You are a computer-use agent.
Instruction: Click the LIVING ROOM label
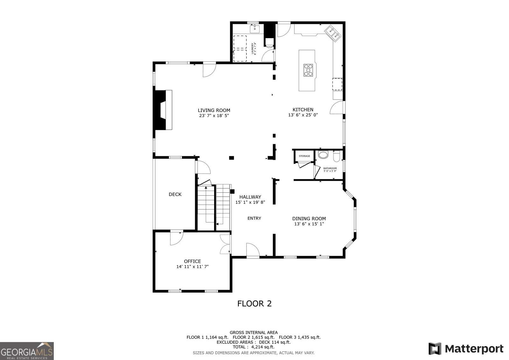point(214,110)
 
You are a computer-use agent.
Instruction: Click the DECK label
point(175,194)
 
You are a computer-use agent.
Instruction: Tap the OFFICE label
point(192,261)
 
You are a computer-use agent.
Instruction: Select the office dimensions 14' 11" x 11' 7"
point(192,267)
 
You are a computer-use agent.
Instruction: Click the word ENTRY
point(254,218)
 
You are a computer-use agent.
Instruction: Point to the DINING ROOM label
point(309,219)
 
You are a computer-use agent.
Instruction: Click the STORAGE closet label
point(304,156)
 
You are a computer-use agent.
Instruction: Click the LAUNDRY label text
point(253,48)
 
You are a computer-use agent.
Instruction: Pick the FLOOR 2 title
point(254,303)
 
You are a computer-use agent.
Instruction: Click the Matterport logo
point(466,349)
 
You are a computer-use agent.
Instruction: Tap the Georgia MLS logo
point(27,351)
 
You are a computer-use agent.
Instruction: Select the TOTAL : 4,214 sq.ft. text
point(253,347)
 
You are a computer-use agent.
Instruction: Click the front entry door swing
point(252,250)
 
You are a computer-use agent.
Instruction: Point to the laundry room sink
point(255,29)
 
